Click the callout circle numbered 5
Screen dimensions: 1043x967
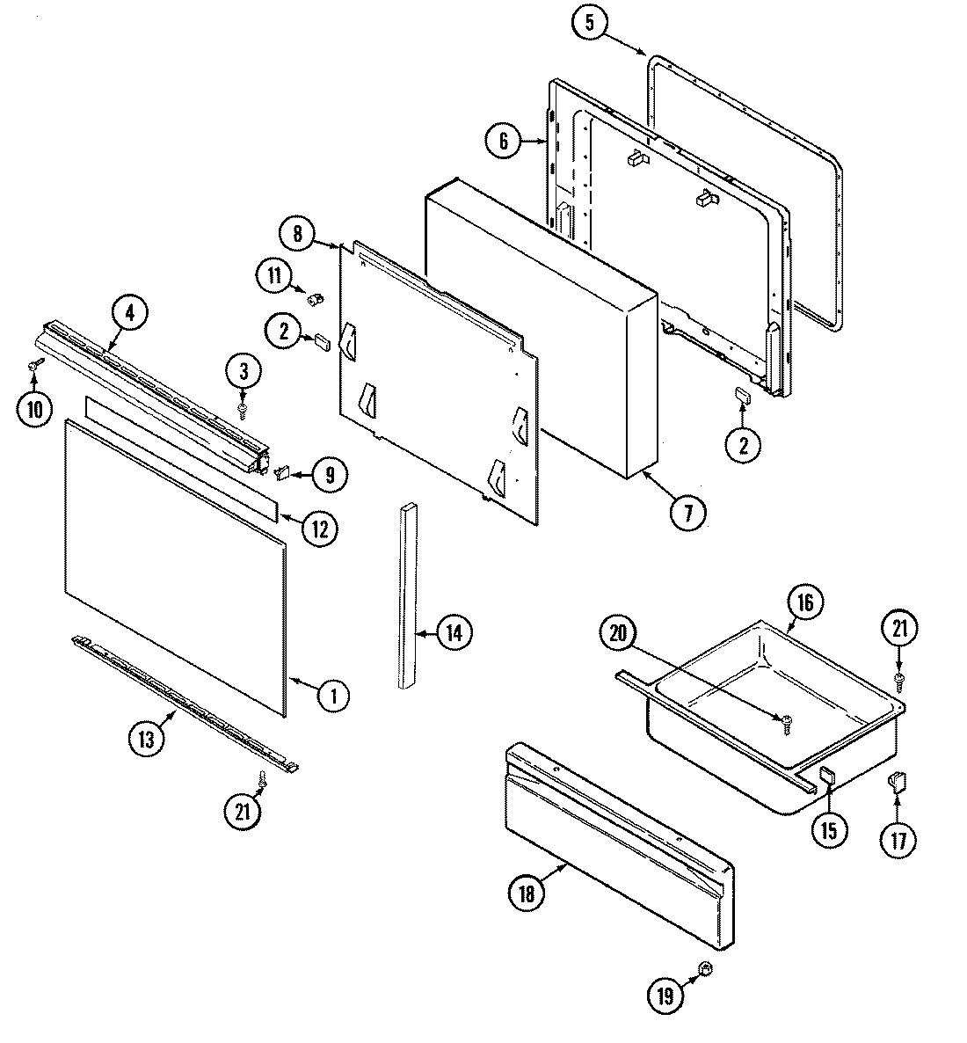click(591, 24)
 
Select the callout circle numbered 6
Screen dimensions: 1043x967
click(503, 142)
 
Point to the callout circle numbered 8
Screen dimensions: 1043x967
click(297, 234)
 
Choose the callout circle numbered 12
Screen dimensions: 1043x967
click(319, 529)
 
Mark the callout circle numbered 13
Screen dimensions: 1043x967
click(146, 739)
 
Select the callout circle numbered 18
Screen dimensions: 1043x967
click(526, 893)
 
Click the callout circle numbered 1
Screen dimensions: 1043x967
click(333, 697)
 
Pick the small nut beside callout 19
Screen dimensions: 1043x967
click(704, 969)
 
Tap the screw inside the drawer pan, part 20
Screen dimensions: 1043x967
click(786, 721)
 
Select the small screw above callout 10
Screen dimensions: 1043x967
click(35, 363)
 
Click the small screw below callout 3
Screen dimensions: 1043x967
click(244, 409)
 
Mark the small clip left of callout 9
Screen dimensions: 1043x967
click(283, 474)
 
